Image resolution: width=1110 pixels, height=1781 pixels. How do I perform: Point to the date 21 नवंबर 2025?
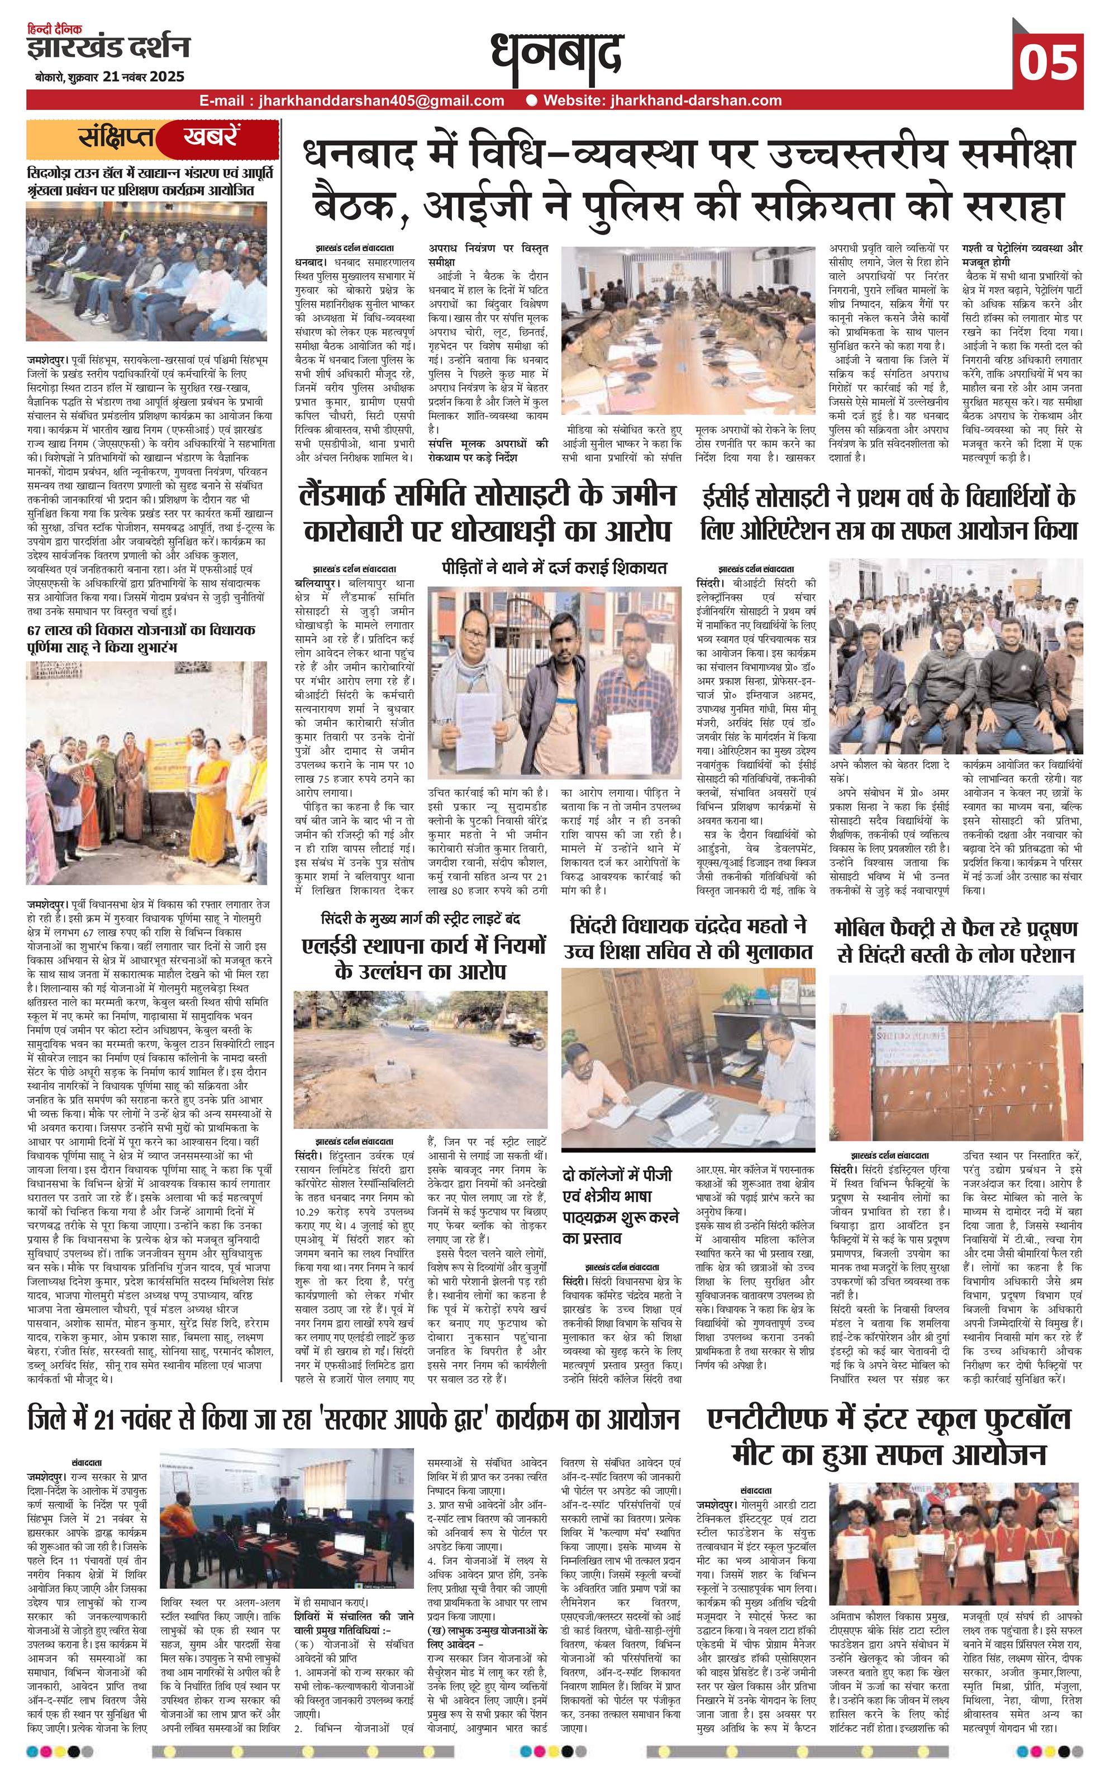click(x=144, y=77)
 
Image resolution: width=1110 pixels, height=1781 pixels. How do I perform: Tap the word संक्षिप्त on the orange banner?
click(x=117, y=138)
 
